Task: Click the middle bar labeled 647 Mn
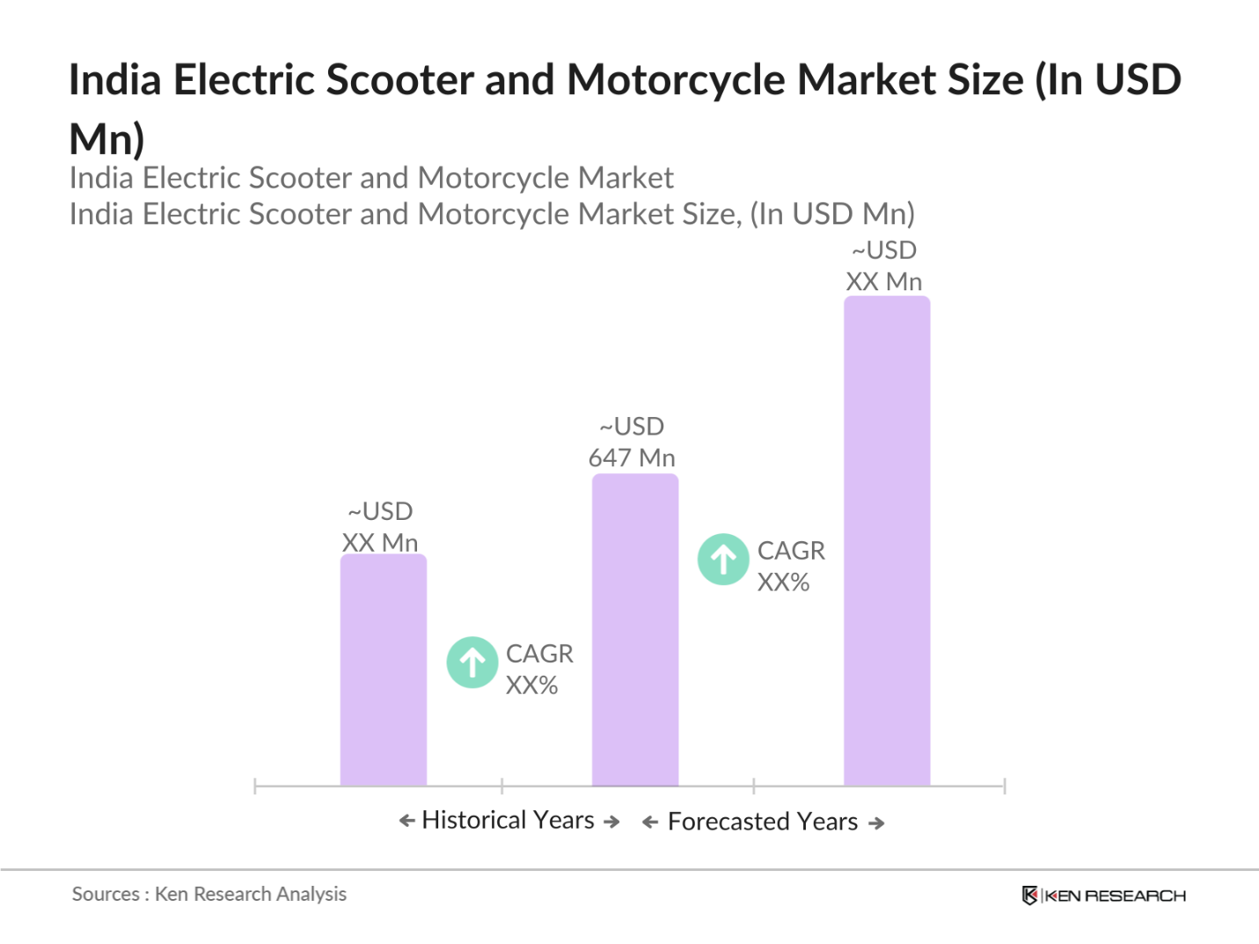click(634, 630)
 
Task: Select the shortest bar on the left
click(383, 670)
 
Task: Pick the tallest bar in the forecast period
click(886, 540)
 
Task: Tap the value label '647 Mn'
click(632, 458)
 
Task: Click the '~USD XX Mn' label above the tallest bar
click(884, 267)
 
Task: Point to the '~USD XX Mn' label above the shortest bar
click(380, 527)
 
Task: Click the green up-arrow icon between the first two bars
click(472, 662)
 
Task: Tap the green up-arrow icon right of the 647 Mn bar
click(723, 560)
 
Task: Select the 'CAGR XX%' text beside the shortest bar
click(538, 670)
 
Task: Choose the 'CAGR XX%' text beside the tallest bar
click(790, 567)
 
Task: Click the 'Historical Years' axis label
click(508, 820)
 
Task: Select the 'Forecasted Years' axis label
click(762, 822)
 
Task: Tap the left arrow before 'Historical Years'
click(406, 821)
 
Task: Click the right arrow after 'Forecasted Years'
click(876, 823)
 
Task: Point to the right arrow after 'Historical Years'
click(611, 822)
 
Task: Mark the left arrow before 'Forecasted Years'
click(650, 823)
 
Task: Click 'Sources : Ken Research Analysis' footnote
click(209, 894)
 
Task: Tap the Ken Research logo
click(1104, 896)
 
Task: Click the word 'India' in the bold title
click(115, 80)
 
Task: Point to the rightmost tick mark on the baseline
click(1004, 786)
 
